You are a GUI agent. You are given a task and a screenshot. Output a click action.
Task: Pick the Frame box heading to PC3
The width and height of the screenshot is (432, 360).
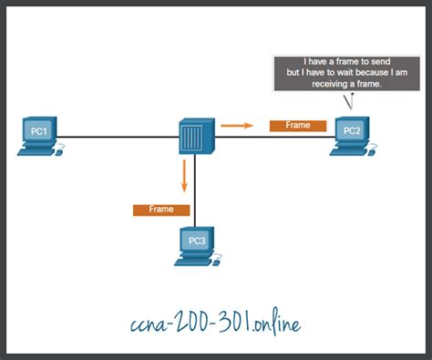coord(161,210)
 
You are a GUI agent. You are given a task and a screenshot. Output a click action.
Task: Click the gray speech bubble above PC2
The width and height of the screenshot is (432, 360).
coord(342,73)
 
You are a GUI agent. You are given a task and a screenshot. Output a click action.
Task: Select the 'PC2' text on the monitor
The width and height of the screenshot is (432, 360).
coord(351,131)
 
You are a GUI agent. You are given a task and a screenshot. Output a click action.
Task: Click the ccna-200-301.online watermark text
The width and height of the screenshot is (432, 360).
coord(215,324)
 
